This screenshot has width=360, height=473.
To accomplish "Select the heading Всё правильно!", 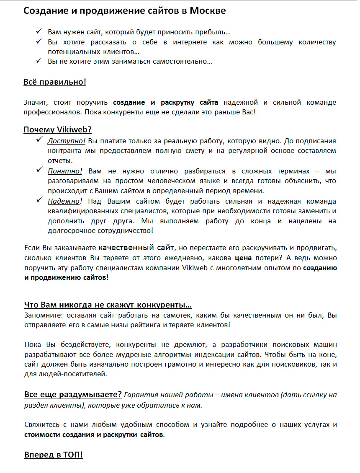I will pos(55,82).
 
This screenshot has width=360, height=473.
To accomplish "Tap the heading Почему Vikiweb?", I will pos(58,130).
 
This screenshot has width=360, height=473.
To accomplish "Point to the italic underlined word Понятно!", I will pos(65,171).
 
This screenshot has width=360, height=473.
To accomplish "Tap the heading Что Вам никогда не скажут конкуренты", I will pos(108,305).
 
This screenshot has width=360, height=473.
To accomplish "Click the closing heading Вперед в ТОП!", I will pos(53,455).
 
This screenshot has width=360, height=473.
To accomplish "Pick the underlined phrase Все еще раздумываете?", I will pos(73,394).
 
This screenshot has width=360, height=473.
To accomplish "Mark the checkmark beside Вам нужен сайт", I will pos(39,31).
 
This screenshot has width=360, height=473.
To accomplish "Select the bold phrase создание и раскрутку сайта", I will pos(166,103).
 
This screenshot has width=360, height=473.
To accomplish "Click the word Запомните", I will pos(41,315).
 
